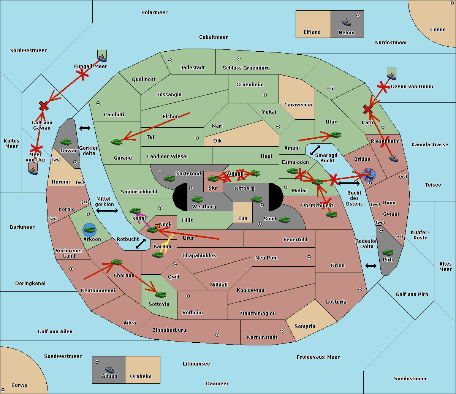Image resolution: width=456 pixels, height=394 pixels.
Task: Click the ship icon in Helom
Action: [x=346, y=22]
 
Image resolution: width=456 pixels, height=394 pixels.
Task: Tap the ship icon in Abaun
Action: [x=110, y=369]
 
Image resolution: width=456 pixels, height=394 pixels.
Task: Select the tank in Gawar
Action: [x=66, y=142]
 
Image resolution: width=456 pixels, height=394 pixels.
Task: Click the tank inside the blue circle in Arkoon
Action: [x=89, y=230]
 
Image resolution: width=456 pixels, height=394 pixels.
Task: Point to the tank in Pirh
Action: [x=388, y=252]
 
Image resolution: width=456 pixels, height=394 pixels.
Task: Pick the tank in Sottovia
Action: [x=160, y=294]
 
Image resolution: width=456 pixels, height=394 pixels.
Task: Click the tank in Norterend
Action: [x=169, y=178]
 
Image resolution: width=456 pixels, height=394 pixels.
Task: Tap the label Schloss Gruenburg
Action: [x=246, y=68]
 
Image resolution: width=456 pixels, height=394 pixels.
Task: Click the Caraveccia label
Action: [x=298, y=104]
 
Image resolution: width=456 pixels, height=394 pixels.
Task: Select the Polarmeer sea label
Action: [x=154, y=13]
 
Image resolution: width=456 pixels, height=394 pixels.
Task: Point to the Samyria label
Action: [x=305, y=326]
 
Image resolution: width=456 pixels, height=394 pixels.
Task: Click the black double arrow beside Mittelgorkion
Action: [x=107, y=210]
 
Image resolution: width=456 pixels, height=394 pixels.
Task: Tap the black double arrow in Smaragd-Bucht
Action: [x=315, y=150]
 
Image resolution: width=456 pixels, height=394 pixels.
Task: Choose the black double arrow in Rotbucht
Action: [x=141, y=244]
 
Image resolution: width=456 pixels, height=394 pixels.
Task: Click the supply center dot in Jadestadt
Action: [x=170, y=60]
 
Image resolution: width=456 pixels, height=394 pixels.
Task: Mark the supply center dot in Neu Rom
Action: [x=309, y=257]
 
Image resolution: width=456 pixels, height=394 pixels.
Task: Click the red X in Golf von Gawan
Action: [x=43, y=106]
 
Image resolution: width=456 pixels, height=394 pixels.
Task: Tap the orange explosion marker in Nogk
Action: [x=157, y=226]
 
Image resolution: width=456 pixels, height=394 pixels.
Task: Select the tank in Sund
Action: [x=284, y=220]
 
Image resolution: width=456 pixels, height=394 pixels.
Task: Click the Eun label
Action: [x=243, y=218]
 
